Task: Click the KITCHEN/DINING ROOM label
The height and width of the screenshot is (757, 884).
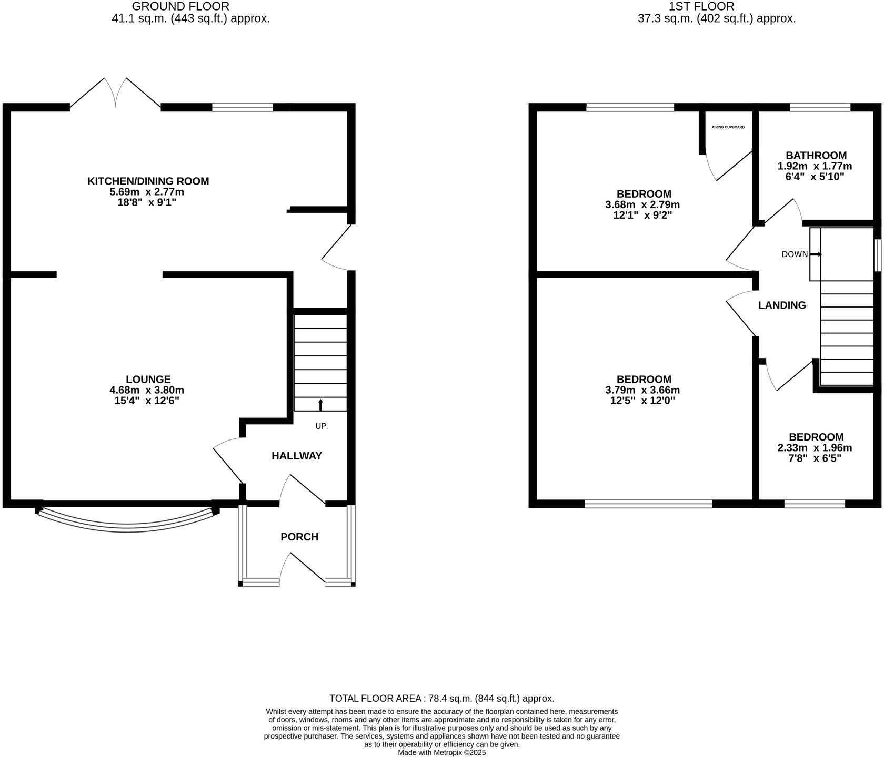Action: tap(148, 181)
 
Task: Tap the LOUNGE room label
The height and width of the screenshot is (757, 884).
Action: tap(148, 380)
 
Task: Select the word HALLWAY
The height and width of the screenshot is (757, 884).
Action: tap(296, 456)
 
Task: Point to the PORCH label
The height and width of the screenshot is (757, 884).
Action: tap(299, 537)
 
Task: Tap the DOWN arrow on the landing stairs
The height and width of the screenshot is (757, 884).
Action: tap(816, 254)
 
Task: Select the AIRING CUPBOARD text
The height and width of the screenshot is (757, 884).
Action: tap(728, 127)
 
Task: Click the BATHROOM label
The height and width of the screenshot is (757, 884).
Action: tap(816, 156)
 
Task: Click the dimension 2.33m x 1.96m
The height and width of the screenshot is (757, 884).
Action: tap(815, 448)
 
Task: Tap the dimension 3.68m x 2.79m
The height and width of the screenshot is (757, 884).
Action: tap(642, 205)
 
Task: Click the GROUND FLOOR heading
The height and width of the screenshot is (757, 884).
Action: tap(180, 7)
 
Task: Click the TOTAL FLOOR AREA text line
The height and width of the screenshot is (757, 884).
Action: tap(441, 699)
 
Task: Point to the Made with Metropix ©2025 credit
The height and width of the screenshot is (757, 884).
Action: tap(441, 753)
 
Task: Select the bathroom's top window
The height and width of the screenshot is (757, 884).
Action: tap(820, 107)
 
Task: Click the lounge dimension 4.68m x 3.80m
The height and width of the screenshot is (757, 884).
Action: tap(147, 390)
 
